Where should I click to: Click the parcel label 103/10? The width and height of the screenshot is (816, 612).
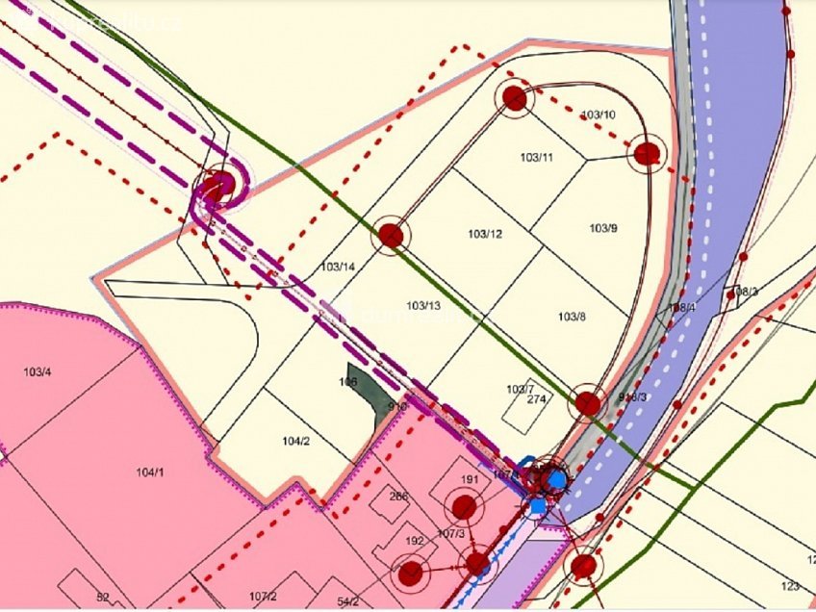[x=598, y=115]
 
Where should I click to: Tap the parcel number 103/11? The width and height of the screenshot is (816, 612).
[x=536, y=158]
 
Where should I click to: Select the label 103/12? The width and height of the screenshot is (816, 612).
[x=485, y=234]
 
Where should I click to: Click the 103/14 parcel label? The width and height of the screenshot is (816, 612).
[x=338, y=267]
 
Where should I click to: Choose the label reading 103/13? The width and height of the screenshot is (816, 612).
[x=423, y=306]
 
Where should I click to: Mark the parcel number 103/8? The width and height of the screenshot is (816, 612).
[x=571, y=317]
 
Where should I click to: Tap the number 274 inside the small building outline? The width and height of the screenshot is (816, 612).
[x=536, y=399]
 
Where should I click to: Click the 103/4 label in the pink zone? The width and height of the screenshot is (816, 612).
[x=38, y=371]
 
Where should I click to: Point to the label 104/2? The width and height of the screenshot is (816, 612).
[x=295, y=441]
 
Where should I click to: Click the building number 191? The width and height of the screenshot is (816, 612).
[x=470, y=479]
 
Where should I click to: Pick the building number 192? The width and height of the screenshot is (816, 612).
[x=415, y=541]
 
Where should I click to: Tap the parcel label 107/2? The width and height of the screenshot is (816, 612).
[x=263, y=598]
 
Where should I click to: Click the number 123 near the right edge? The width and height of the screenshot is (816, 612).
[x=790, y=586]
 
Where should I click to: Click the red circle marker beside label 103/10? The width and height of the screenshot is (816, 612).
[x=515, y=98]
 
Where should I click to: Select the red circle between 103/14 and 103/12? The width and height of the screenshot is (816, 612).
[x=391, y=235]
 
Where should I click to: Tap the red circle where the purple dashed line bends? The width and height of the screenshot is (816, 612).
[x=218, y=186]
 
